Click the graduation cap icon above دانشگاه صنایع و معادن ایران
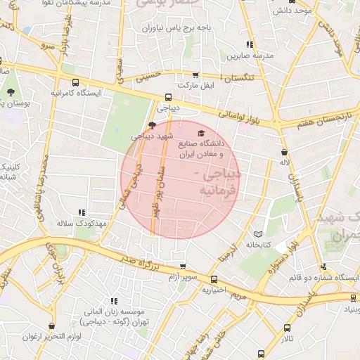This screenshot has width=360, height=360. (x=201, y=134)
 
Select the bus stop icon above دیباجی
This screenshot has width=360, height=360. (x=168, y=98)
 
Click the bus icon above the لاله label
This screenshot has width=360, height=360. (x=284, y=152)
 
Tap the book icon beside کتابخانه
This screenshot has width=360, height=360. (x=258, y=233)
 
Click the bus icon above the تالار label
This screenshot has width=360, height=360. (x=286, y=328)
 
